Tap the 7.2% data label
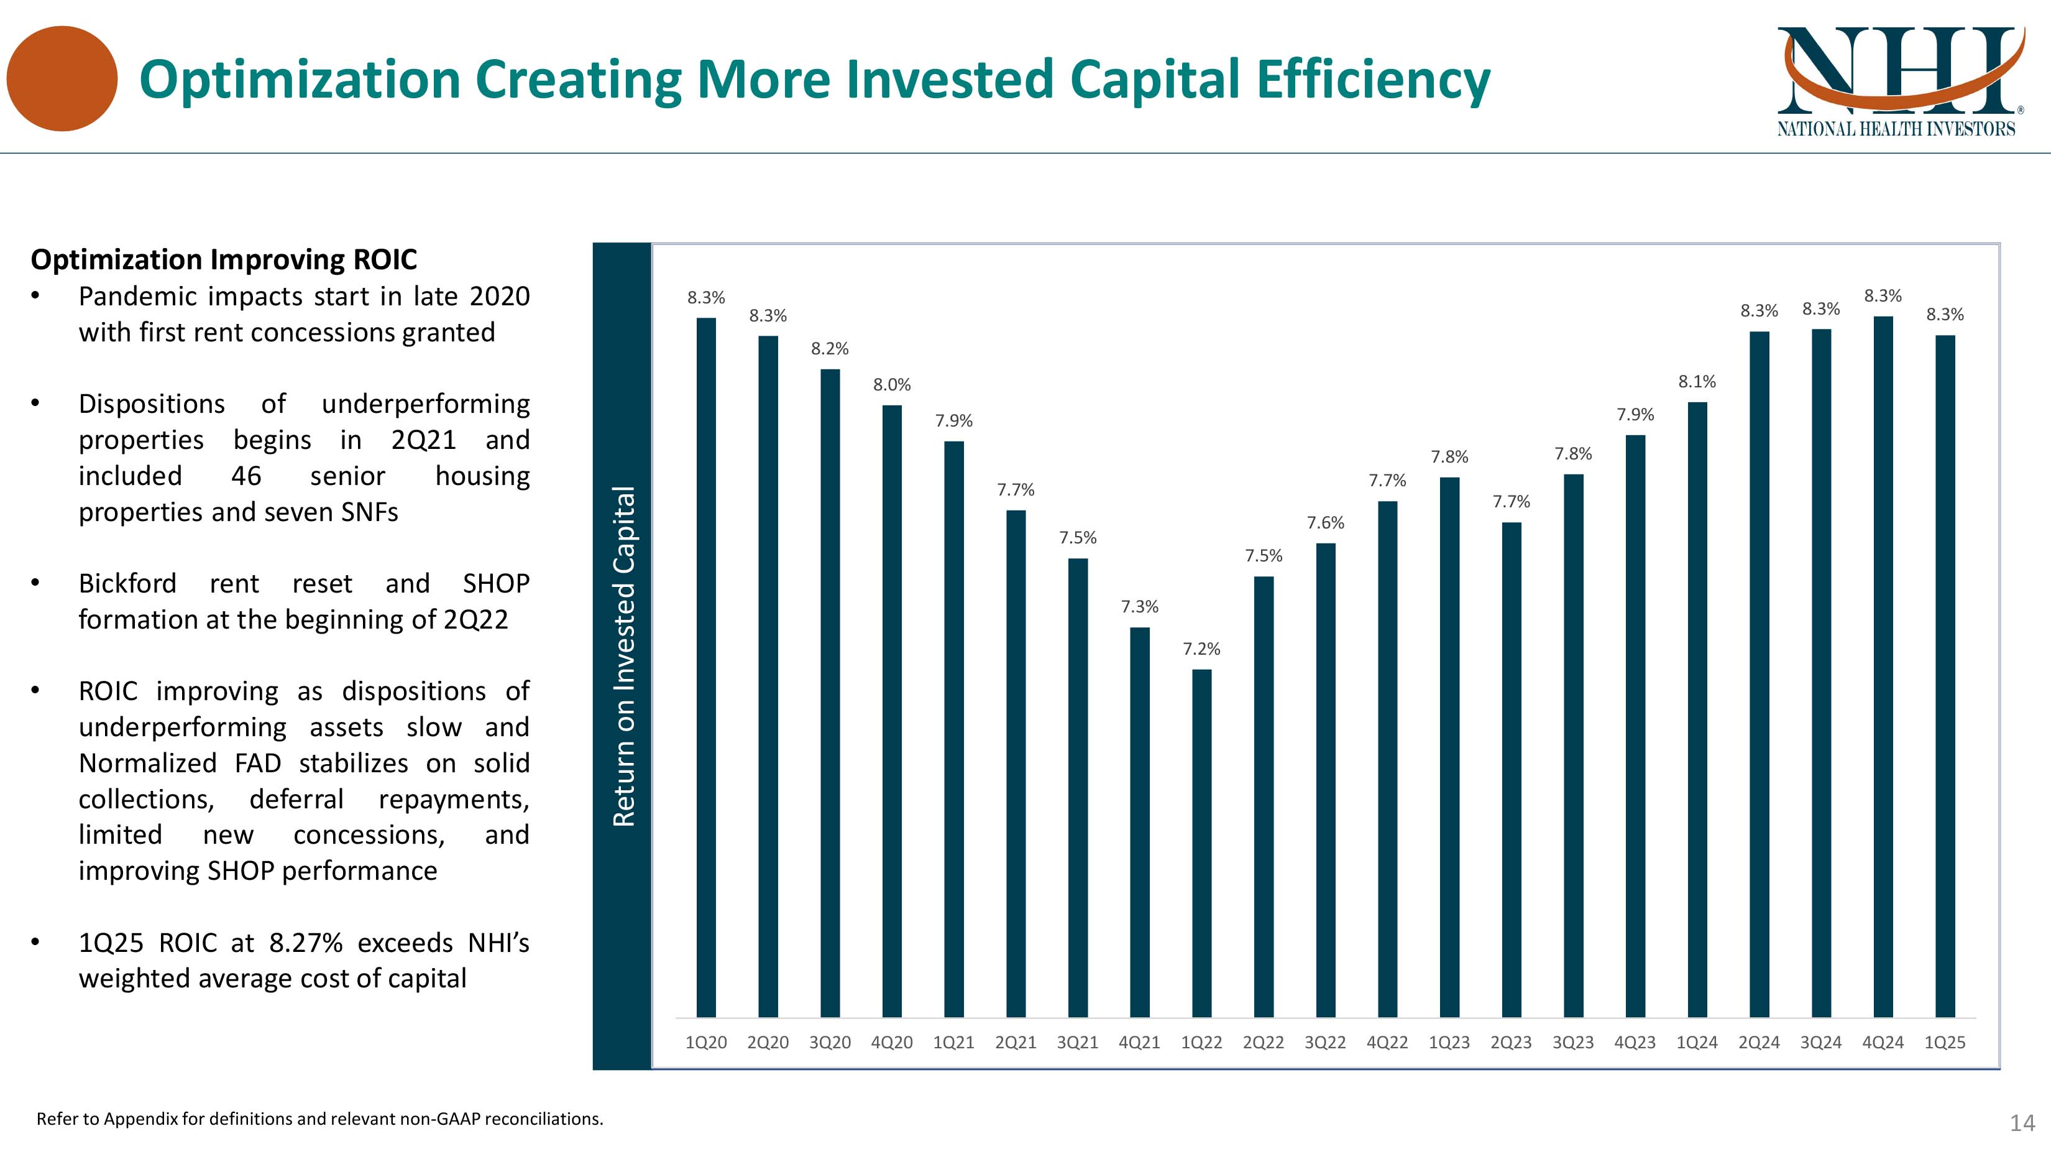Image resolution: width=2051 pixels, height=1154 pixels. pyautogui.click(x=1201, y=649)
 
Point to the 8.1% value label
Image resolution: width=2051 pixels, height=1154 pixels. pyautogui.click(x=1697, y=382)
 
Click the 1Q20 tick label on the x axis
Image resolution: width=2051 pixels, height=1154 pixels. pyautogui.click(x=706, y=1043)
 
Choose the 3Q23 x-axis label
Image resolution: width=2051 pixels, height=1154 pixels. pyautogui.click(x=1573, y=1043)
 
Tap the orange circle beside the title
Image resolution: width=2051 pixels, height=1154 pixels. pyautogui.click(x=62, y=79)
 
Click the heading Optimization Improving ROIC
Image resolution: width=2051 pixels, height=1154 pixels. pyautogui.click(x=224, y=260)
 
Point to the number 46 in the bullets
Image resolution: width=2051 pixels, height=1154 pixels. pyautogui.click(x=246, y=476)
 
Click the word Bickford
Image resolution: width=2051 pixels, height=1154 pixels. pyautogui.click(x=127, y=584)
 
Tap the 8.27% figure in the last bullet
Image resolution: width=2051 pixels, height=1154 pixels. pyautogui.click(x=306, y=943)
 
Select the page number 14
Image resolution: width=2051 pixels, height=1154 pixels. pyautogui.click(x=2022, y=1123)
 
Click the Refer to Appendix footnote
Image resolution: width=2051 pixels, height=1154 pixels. pyautogui.click(x=320, y=1119)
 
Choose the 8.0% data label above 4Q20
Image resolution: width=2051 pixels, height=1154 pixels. pyautogui.click(x=892, y=385)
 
